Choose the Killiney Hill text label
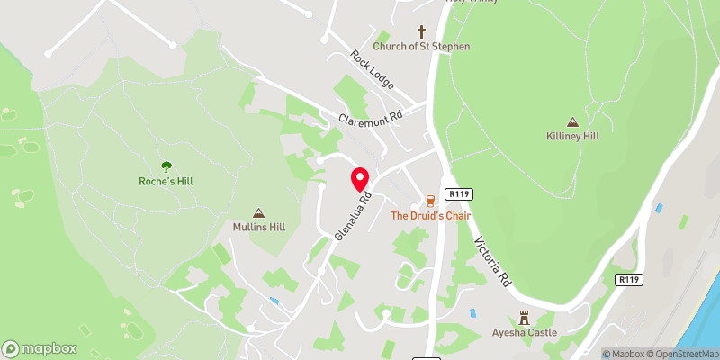pyautogui.click(x=571, y=136)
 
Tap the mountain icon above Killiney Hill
pyautogui.click(x=571, y=121)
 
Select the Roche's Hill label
pyautogui.click(x=166, y=181)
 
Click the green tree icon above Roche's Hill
pyautogui.click(x=166, y=166)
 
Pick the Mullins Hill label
pyautogui.click(x=259, y=228)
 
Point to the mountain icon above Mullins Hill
pyautogui.click(x=259, y=213)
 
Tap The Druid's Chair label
pyautogui.click(x=430, y=215)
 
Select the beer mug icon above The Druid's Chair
pyautogui.click(x=430, y=200)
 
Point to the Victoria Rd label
pyautogui.click(x=493, y=261)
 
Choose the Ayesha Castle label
pyautogui.click(x=524, y=332)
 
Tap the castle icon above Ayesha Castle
pyautogui.click(x=524, y=317)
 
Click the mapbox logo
pyautogui.click(x=40, y=348)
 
